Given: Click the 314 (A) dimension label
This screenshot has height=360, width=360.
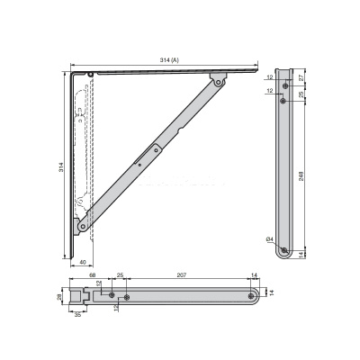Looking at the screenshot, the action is click(169, 60).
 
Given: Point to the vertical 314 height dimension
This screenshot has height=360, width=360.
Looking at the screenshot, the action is click(61, 167).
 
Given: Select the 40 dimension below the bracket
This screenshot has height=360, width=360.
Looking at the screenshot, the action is click(83, 262).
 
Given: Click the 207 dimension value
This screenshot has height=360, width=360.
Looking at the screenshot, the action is click(182, 274).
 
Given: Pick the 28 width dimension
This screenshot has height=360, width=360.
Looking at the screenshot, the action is click(59, 296).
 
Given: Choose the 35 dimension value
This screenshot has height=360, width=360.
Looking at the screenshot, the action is click(77, 315).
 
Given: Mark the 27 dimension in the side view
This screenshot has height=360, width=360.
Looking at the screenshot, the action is click(301, 76).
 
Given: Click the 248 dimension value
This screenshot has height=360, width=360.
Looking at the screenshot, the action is click(301, 175).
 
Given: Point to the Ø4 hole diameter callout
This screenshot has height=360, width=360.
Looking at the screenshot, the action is click(270, 239).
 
